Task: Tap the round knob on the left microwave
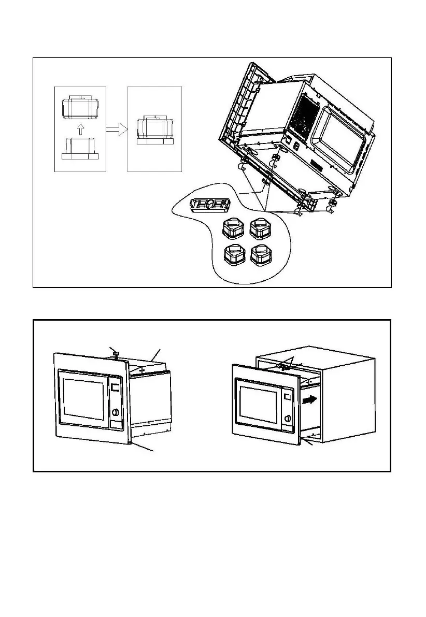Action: [116, 414]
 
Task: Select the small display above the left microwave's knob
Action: [115, 388]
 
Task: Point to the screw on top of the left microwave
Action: [117, 354]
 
